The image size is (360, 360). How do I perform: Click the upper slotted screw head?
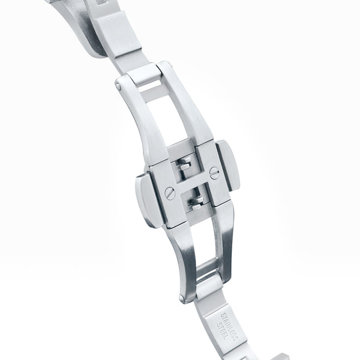click(x=214, y=173)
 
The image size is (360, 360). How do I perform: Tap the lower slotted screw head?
click(x=170, y=193)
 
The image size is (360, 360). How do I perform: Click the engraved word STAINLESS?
click(x=229, y=327)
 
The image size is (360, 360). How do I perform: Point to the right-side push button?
click(x=228, y=165)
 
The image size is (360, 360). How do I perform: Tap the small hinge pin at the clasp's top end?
click(x=118, y=87)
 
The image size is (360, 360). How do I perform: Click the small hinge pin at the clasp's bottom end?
click(x=182, y=298)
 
